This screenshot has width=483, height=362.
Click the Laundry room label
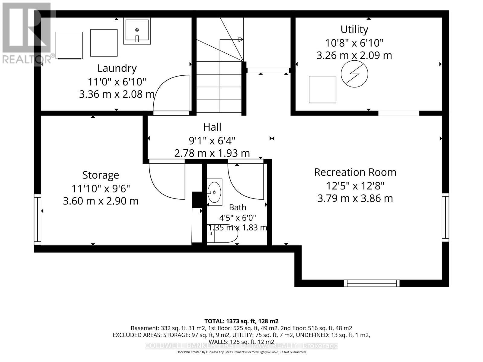tap(117, 68)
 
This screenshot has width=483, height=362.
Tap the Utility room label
tap(354, 30)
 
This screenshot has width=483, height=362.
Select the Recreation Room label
tap(355, 172)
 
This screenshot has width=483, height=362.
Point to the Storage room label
tap(101, 176)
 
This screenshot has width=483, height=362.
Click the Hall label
tap(212, 127)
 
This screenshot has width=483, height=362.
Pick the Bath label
tap(238, 207)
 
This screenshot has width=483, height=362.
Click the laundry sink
tap(137, 31)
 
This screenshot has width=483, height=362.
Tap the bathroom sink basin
tap(214, 192)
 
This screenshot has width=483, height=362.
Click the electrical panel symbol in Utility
tap(354, 74)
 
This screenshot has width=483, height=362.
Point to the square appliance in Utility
tap(322, 90)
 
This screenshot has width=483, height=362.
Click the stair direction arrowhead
tap(241, 40)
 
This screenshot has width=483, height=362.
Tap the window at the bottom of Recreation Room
tap(372, 283)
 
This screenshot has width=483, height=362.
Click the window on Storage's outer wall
tap(37, 219)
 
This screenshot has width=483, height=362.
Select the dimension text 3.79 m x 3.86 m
tap(355, 198)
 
